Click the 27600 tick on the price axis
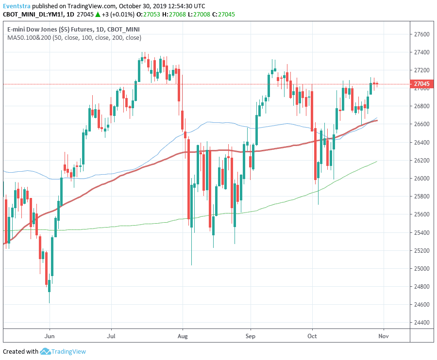tap(421, 34)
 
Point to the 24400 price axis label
tap(421, 323)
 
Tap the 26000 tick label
tap(421, 179)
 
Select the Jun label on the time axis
tap(50, 336)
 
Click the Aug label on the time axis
tap(183, 336)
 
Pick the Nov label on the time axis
tap(384, 336)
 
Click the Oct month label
tap(312, 336)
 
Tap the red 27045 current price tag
tap(421, 84)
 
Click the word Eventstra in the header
tap(17, 6)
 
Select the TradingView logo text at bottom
tap(68, 352)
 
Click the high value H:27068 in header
tap(174, 15)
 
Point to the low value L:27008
tap(199, 15)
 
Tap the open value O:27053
tap(148, 15)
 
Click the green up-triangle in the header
tap(98, 14)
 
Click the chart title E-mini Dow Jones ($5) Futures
tap(50, 30)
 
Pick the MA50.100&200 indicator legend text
tap(29, 37)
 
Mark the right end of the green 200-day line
tap(377, 161)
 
